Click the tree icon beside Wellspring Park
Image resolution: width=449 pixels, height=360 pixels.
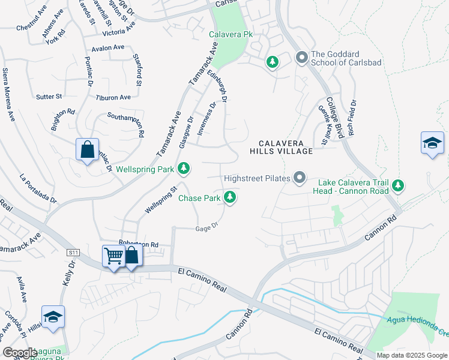(185, 170)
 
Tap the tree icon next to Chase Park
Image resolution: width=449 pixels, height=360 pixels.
(229, 197)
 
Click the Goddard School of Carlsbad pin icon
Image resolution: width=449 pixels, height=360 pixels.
(301, 58)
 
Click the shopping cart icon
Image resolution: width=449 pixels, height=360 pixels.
(113, 256)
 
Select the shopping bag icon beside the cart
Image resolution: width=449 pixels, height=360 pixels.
(132, 255)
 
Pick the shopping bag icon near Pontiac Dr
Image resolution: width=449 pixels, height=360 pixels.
(87, 149)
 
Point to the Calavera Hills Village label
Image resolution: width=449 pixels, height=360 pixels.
(286, 147)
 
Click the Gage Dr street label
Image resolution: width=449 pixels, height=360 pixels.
(206, 228)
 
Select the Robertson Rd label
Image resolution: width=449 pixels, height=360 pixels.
(138, 244)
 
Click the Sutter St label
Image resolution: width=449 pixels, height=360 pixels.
(49, 96)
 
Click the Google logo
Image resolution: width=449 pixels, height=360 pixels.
(20, 352)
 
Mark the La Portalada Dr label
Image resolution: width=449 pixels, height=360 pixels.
(38, 188)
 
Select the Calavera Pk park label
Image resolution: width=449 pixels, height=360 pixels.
(231, 35)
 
